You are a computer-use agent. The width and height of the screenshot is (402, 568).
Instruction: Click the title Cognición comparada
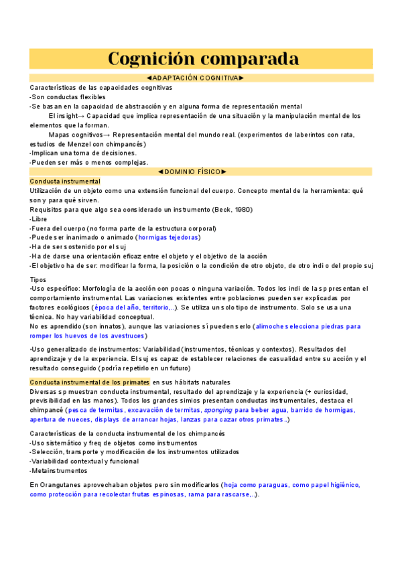click(203, 58)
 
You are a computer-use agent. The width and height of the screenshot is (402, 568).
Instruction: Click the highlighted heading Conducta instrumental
click(65, 182)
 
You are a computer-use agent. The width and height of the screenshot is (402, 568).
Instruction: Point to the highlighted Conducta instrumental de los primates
click(89, 382)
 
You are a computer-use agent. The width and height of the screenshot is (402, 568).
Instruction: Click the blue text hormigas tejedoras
click(167, 237)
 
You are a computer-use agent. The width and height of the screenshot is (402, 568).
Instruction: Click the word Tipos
click(39, 279)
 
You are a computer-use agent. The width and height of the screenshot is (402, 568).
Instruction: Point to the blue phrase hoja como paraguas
click(257, 485)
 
